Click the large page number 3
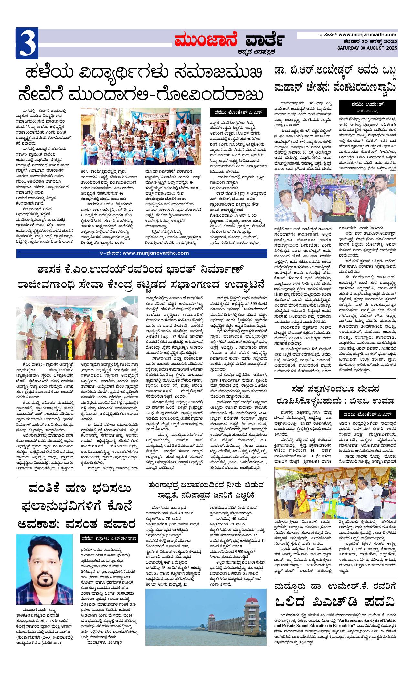[x=27, y=43]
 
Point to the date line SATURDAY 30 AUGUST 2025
[x=367, y=48]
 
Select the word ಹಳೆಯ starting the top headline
[x=44, y=72]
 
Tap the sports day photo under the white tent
[x=335, y=491]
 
